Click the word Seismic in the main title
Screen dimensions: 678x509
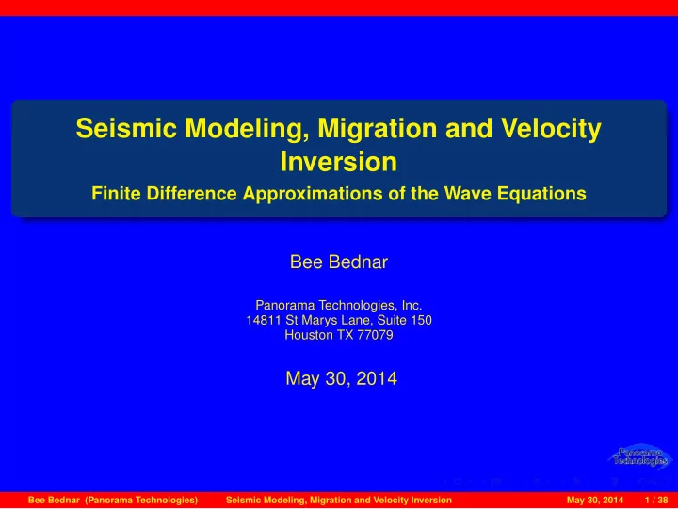tap(126, 128)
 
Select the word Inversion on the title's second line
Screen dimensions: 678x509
tap(339, 162)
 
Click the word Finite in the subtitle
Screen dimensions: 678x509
tap(117, 193)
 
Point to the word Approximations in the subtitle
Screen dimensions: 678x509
tap(313, 194)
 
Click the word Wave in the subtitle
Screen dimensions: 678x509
tap(468, 193)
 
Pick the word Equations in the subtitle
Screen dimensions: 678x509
tap(541, 194)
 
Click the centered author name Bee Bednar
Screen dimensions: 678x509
tap(339, 262)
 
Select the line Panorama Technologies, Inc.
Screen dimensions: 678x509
tap(339, 306)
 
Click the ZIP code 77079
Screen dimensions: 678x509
tap(375, 335)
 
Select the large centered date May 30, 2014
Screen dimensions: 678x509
tap(341, 378)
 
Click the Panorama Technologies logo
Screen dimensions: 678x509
tap(640, 456)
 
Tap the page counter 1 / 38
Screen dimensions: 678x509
tap(656, 501)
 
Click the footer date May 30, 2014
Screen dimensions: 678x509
tap(595, 501)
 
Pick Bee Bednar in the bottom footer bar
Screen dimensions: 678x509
tap(54, 501)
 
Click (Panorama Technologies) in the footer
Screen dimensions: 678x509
tap(141, 501)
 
